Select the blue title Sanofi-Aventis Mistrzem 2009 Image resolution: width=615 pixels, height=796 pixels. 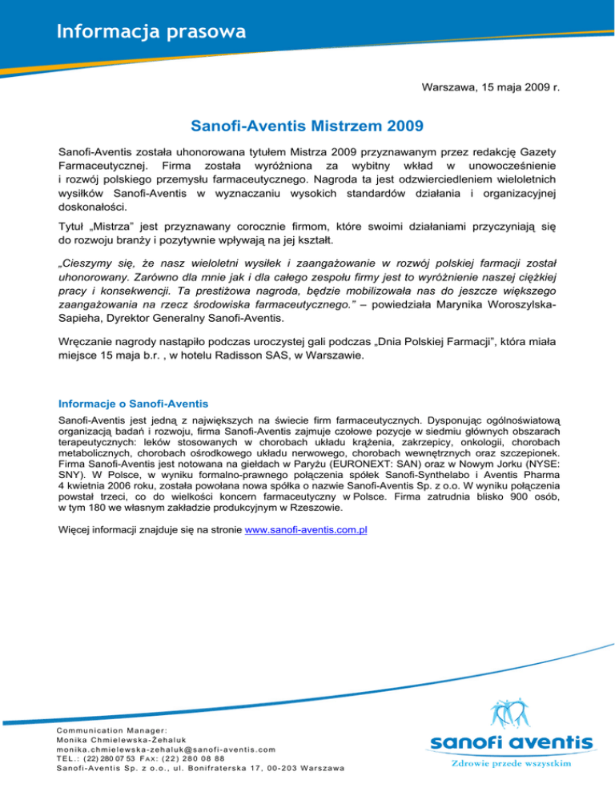pos(308,127)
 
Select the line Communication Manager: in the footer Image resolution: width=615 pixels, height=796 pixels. pos(114,729)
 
